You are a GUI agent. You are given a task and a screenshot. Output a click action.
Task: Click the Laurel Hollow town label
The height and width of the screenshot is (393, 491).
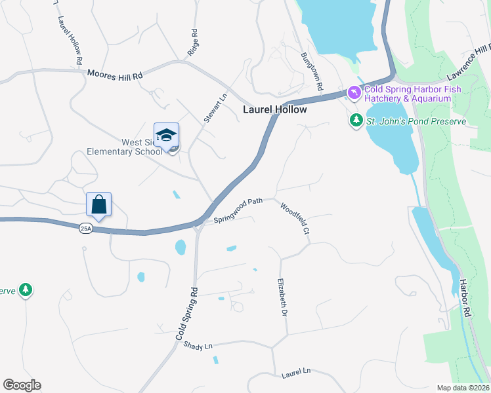coord(275,109)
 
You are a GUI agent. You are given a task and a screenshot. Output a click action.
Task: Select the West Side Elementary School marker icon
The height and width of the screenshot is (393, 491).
coord(166,136)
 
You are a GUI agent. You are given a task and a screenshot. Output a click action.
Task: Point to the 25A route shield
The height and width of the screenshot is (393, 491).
coord(85,228)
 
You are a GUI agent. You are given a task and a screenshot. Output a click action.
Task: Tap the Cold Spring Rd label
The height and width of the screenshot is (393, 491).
coord(186,312)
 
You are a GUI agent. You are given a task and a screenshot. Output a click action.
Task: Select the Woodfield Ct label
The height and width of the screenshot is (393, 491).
coord(295,218)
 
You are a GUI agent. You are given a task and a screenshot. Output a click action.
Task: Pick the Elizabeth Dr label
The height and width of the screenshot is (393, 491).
coord(284,298)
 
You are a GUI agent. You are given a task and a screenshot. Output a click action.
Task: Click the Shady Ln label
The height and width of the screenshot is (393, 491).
coord(199,345)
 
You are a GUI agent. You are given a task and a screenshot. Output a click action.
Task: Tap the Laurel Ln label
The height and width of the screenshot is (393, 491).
coord(295,373)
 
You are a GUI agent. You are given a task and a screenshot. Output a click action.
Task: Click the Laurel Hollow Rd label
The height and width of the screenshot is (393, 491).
coord(70,40)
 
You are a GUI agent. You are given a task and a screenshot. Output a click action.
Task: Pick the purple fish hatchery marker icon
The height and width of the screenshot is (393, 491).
coord(354,94)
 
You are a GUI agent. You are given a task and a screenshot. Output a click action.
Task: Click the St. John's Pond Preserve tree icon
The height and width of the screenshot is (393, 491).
coord(356,121)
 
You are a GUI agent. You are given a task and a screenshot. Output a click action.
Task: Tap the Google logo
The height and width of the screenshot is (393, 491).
coord(22,385)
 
